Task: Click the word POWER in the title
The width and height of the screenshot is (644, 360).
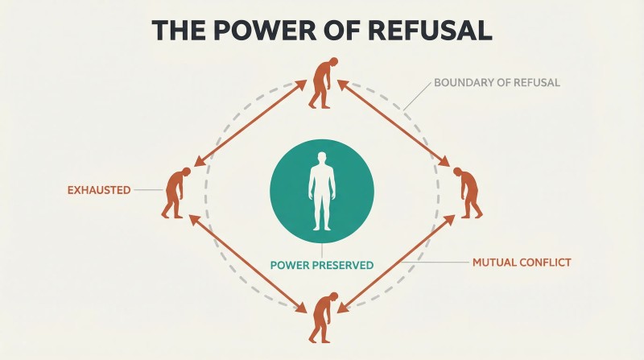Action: click(264, 30)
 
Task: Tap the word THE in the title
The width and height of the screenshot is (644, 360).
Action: click(178, 30)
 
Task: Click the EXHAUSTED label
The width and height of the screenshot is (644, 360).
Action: click(99, 190)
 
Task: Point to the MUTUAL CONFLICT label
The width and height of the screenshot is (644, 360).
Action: click(522, 263)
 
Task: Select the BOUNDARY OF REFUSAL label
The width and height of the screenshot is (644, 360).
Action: click(497, 83)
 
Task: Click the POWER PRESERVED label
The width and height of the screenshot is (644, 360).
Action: click(322, 265)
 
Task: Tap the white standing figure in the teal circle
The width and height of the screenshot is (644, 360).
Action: click(322, 191)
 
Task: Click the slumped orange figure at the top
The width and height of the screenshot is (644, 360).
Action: click(324, 83)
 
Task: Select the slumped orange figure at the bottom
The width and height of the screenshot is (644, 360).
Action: click(324, 317)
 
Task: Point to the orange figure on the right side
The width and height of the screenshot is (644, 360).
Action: click(469, 192)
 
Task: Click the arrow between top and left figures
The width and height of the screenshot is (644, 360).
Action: click(250, 123)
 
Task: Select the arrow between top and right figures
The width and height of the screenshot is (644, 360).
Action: click(394, 123)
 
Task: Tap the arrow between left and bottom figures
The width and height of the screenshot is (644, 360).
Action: click(248, 264)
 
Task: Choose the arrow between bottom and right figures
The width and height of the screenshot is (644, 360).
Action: click(396, 264)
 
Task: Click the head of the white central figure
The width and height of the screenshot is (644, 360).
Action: click(322, 158)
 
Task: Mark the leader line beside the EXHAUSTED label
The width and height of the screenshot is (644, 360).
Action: click(149, 190)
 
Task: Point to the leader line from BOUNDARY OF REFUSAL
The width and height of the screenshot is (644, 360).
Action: click(418, 96)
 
